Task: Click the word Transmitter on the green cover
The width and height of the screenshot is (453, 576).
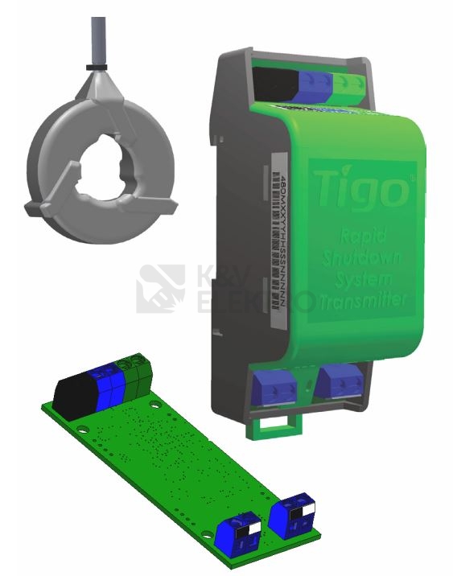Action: pos(362,302)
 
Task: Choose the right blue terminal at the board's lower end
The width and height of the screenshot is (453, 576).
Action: pos(294,516)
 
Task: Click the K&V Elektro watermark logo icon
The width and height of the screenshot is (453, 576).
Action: pos(161,289)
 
